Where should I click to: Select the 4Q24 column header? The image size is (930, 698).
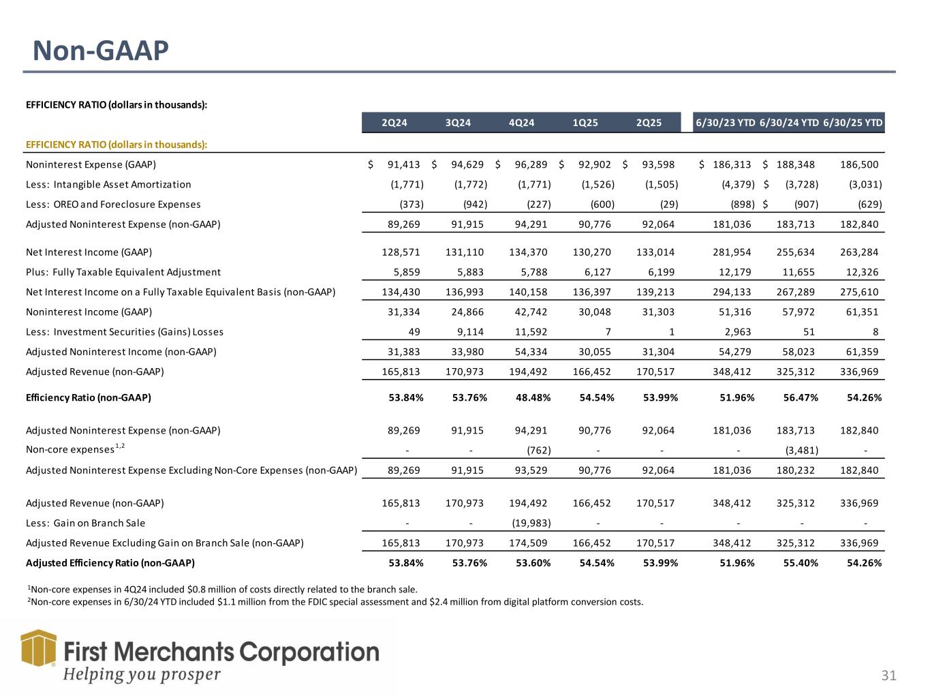click(521, 123)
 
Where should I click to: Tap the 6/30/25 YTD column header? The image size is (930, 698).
click(853, 123)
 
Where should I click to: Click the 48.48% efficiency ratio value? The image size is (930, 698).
click(533, 397)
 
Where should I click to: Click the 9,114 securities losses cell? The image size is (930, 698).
click(470, 332)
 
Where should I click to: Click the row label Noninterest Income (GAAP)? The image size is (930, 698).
click(89, 312)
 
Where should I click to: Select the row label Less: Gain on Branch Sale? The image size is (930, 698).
click(85, 523)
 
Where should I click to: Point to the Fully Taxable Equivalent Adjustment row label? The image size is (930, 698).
click(123, 272)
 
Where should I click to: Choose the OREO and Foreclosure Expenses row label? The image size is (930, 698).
click(113, 204)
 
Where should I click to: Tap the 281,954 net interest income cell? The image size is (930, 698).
click(732, 252)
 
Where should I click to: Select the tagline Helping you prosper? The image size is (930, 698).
click(142, 675)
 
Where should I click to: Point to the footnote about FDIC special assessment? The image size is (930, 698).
click(335, 602)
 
